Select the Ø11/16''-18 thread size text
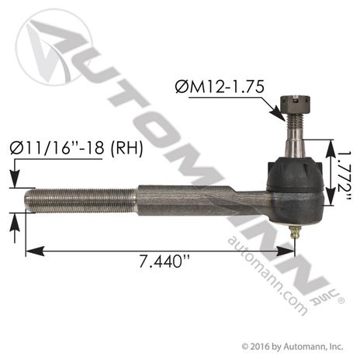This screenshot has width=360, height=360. coord(56,148)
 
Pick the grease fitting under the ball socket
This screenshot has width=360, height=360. coord(296,230)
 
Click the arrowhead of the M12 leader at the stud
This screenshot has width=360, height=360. coord(280,116)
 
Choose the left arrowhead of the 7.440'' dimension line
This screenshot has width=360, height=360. coord(29,251)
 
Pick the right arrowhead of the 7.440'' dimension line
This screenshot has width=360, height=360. coord(292,251)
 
